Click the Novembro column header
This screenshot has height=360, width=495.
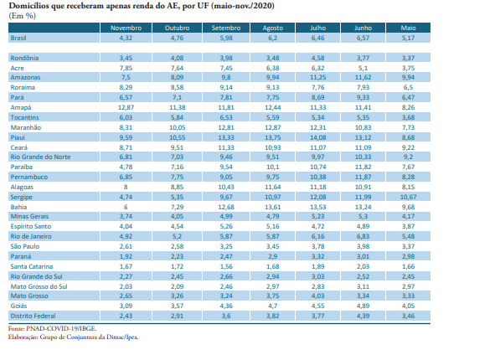[126, 28]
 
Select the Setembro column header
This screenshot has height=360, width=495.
[226, 28]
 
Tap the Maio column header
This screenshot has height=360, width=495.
[408, 28]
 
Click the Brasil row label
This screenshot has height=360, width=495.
[18, 38]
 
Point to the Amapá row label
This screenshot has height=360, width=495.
[21, 108]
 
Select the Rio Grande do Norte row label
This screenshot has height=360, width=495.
[40, 157]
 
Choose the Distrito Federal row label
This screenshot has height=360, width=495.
[34, 316]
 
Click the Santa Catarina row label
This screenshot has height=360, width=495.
[32, 266]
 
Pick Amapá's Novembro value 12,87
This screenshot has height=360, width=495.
[126, 108]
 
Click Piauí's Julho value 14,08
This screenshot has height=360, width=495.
[318, 137]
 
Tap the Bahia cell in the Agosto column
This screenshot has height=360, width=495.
[273, 207]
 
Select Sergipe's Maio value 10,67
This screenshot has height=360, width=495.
[408, 197]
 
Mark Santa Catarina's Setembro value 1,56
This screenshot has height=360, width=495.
[226, 266]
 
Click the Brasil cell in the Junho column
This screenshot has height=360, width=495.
[363, 38]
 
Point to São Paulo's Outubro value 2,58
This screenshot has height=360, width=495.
[177, 246]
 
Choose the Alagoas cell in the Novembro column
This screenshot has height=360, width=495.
[126, 187]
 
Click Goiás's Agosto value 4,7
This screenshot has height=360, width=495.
[273, 306]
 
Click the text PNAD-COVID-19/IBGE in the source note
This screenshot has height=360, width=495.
[65, 328]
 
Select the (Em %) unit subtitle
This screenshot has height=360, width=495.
[22, 16]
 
